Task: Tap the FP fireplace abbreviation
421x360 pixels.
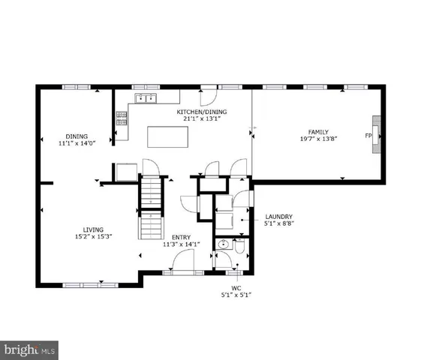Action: pyautogui.click(x=368, y=136)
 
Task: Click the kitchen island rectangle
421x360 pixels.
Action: pyautogui.click(x=167, y=137)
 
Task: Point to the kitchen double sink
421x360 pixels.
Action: pyautogui.click(x=144, y=97)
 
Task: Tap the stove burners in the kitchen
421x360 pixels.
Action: pyautogui.click(x=122, y=118)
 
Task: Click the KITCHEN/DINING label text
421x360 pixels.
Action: pyautogui.click(x=202, y=112)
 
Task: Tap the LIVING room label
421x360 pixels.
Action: pyautogui.click(x=93, y=229)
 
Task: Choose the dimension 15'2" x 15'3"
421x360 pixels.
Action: pyautogui.click(x=93, y=236)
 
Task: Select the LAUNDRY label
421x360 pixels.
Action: pyautogui.click(x=278, y=216)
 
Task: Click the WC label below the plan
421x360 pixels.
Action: pyautogui.click(x=235, y=287)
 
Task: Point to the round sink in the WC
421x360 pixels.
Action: pyautogui.click(x=223, y=245)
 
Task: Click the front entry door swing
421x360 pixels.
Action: pyautogui.click(x=183, y=262)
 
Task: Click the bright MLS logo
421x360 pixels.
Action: pyautogui.click(x=30, y=349)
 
